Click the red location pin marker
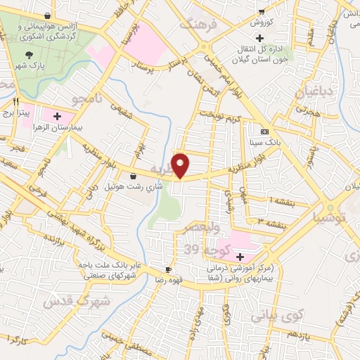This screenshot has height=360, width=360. click(182, 165)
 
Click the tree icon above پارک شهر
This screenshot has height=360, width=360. click(29, 55)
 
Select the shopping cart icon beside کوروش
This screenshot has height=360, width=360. click(262, 11)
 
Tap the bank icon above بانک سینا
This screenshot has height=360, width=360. click(264, 131)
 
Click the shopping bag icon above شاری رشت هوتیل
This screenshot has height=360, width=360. click(134, 176)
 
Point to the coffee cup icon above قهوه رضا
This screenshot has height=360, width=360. click(168, 269)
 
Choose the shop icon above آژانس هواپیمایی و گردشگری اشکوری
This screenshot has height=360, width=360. click(47, 15)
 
